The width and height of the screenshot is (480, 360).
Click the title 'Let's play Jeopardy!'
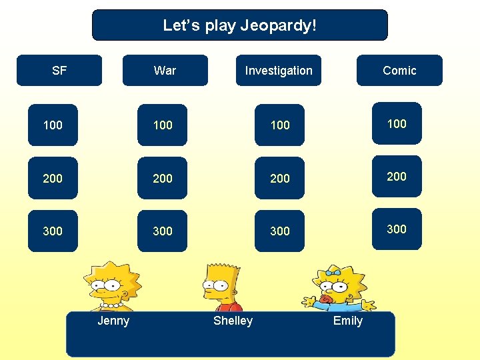click(x=240, y=26)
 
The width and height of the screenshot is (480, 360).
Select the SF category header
click(x=59, y=71)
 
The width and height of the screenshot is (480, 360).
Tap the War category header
click(x=165, y=71)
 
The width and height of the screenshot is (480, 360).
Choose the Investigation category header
click(x=278, y=71)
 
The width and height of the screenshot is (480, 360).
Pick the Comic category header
click(x=399, y=71)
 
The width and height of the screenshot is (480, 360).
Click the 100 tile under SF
click(x=53, y=125)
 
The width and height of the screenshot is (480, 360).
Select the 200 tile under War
click(x=162, y=178)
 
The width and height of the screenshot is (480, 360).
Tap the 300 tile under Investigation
click(x=279, y=231)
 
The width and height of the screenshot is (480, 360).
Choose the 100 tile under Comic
click(x=397, y=123)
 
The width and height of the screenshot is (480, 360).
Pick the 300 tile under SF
click(x=53, y=231)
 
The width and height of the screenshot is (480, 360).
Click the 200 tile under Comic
click(x=397, y=176)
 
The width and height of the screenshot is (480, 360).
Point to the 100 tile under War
click(x=162, y=125)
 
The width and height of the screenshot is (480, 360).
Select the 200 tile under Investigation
click(x=279, y=178)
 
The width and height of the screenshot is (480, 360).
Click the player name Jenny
click(x=113, y=321)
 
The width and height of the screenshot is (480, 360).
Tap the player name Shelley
click(x=233, y=321)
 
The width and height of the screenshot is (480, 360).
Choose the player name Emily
click(x=347, y=321)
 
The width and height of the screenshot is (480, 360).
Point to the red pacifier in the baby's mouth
click(x=325, y=299)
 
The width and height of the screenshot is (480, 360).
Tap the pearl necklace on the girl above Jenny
click(x=111, y=305)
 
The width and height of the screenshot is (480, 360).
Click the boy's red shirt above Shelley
click(x=229, y=307)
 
